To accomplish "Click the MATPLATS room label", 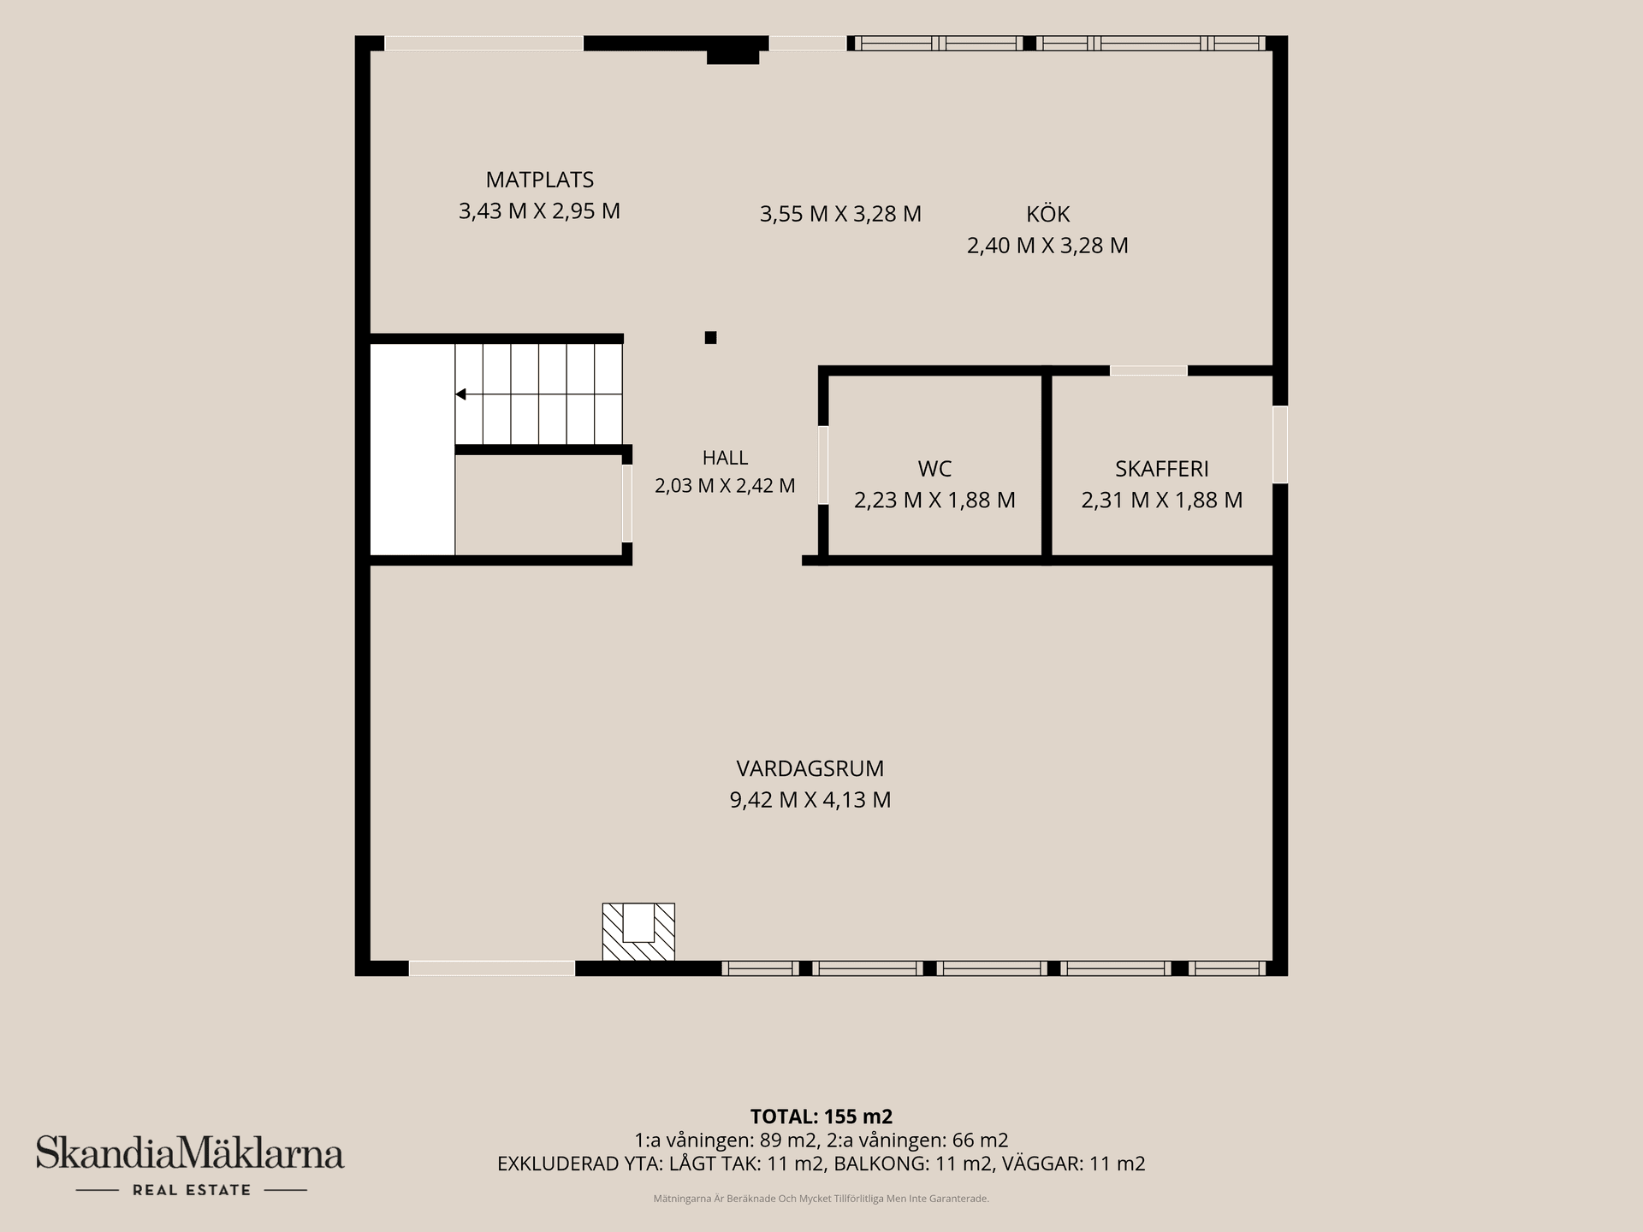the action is tap(539, 180).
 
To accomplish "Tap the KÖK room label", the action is tap(1048, 214).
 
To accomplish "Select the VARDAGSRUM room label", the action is tap(810, 768).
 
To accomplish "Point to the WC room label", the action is tap(934, 469).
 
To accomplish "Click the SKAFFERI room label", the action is tap(1162, 469).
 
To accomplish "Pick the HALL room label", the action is tap(725, 458).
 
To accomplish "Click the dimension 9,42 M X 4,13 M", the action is tap(810, 800).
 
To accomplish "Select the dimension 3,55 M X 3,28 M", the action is tap(840, 214).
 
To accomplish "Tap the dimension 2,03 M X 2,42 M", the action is tap(725, 486).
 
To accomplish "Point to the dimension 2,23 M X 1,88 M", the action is tap(934, 500).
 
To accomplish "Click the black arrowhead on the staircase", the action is tap(460, 394).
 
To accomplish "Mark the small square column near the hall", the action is tap(710, 338).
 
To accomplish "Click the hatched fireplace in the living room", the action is tap(638, 932).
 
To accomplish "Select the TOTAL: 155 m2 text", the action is tap(821, 1116).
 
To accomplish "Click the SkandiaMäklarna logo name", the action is tap(190, 1152).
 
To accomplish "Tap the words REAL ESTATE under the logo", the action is tap(192, 1190).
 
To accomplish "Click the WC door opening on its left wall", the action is tap(823, 465).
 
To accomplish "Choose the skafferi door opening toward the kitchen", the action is tap(1148, 370).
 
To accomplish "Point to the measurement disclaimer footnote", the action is tap(821, 1199).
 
